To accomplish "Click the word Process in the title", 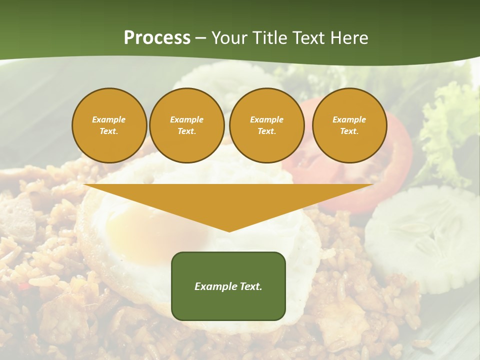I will tap(157, 38).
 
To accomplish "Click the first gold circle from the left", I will tap(109, 125).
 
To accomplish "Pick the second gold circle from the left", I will tap(186, 125).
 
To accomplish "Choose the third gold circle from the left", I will tap(266, 125).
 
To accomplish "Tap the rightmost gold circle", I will tap(349, 125).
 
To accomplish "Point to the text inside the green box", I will tap(228, 286).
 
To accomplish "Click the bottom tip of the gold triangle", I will tap(229, 230).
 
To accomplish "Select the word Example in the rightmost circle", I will tap(349, 119).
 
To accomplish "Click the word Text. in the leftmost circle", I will tap(109, 131).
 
